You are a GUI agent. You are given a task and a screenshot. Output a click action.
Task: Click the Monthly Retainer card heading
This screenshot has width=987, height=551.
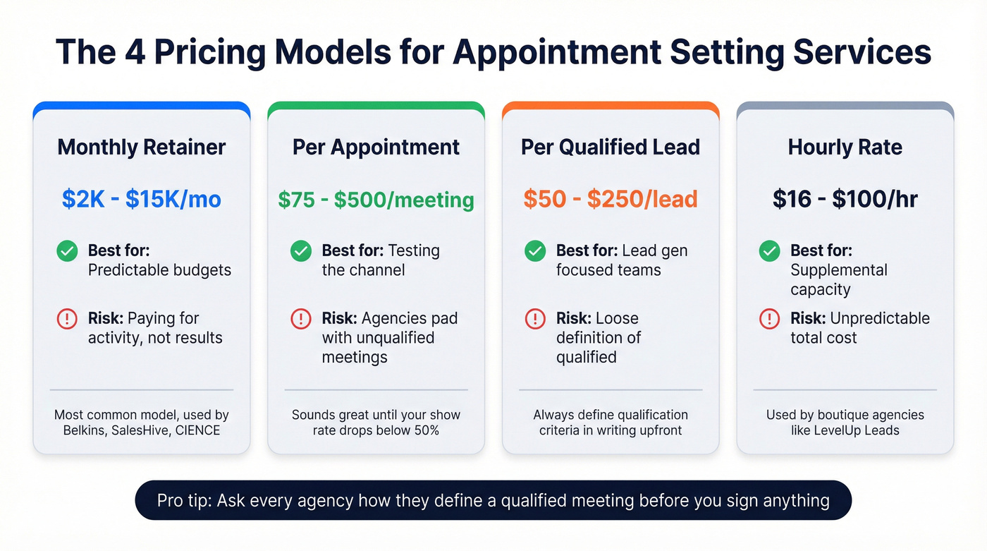142,147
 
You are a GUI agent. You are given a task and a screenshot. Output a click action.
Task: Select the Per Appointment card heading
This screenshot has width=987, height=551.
376,147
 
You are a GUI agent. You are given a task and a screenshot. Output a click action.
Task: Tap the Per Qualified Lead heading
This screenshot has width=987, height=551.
611,147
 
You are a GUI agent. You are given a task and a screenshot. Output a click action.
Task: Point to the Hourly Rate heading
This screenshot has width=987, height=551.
845,147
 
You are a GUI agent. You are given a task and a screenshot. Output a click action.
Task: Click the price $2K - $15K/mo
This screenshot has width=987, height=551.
142,199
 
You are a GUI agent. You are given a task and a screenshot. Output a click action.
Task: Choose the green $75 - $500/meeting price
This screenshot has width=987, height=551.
376,200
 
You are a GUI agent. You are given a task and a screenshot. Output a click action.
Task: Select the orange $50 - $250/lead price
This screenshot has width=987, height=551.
611,199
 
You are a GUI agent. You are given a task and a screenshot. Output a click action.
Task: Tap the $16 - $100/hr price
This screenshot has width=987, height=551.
845,199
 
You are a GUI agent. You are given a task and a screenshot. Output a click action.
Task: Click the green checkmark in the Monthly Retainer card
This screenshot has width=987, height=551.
67,250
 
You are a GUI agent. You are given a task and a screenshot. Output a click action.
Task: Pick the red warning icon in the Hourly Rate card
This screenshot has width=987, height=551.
769,319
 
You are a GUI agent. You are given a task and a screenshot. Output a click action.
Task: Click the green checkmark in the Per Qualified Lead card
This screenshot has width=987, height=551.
535,250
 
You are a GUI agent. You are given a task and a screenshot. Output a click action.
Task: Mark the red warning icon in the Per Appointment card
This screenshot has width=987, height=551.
301,319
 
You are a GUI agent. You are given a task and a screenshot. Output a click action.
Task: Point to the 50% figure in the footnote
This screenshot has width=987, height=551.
425,430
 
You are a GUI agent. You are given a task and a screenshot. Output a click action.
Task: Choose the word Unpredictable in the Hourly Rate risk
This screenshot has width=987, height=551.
880,318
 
